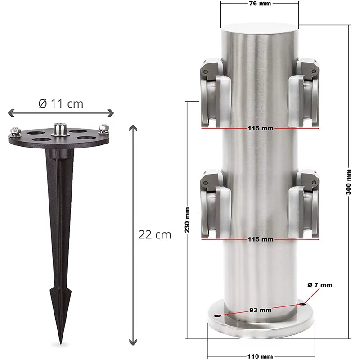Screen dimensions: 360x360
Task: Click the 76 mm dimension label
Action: [259, 4]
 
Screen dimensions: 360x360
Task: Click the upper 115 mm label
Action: [260, 128]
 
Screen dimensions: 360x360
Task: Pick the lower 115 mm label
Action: [260, 239]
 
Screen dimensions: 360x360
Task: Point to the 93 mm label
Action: [260, 310]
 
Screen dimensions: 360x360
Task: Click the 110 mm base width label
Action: [260, 356]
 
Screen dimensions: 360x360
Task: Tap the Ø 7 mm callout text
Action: [320, 285]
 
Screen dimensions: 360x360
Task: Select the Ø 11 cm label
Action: [61, 103]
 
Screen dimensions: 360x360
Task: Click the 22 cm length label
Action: [155, 234]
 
